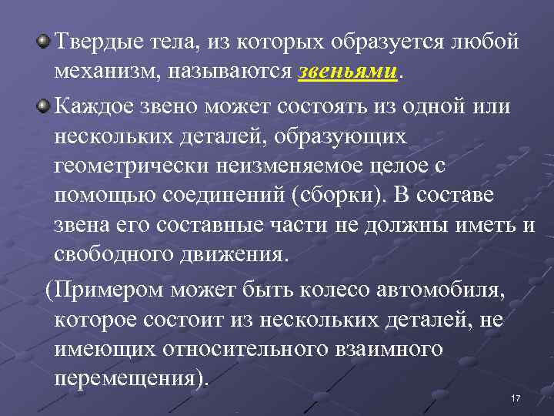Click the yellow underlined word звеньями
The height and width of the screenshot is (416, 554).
click(346, 72)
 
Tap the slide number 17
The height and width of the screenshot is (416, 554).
click(516, 397)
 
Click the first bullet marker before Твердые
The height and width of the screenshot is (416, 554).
click(46, 41)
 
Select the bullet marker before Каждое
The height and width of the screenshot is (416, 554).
click(46, 105)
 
